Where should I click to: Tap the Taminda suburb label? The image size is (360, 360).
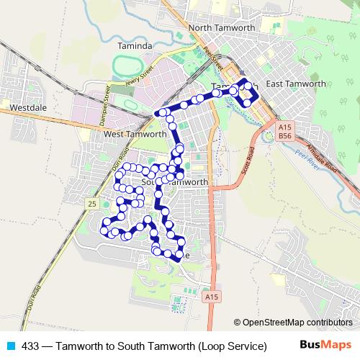tap(135, 46)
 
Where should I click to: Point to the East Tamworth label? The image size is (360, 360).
tap(296, 84)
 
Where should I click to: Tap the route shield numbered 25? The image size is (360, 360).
tap(91, 204)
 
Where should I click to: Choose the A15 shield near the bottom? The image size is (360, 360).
tap(210, 296)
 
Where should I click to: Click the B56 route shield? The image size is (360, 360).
tap(285, 135)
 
